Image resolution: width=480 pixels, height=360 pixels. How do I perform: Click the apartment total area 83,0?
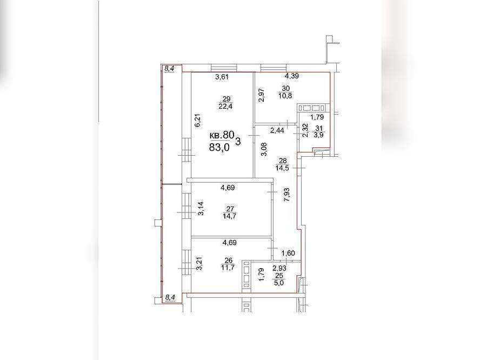point(219,147)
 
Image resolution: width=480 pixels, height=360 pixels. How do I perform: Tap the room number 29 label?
point(226,99)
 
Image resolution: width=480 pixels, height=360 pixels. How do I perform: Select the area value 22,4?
point(226,106)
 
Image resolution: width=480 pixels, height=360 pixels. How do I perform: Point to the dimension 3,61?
point(222,77)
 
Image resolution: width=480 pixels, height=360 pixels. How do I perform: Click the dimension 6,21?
point(198,120)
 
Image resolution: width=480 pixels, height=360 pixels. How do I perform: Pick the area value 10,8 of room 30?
point(285,96)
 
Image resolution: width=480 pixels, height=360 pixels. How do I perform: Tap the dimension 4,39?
point(292,76)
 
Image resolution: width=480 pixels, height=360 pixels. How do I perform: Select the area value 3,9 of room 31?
point(319,134)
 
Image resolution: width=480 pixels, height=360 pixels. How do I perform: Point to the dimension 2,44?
point(277,130)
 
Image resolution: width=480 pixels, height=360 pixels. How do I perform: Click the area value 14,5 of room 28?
point(282,168)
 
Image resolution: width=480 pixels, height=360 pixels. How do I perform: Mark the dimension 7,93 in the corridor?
point(287,195)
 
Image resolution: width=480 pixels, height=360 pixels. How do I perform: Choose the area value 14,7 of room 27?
point(230,216)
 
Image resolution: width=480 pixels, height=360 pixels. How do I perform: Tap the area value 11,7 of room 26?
point(229,268)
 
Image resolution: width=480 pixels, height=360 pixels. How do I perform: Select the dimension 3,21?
point(199,264)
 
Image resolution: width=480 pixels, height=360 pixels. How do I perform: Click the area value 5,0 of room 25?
point(279,283)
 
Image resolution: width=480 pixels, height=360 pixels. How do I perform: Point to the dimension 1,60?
point(288,253)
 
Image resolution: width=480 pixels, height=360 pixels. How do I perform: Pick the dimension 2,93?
point(279,269)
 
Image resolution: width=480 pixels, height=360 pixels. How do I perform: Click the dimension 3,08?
point(264,149)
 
